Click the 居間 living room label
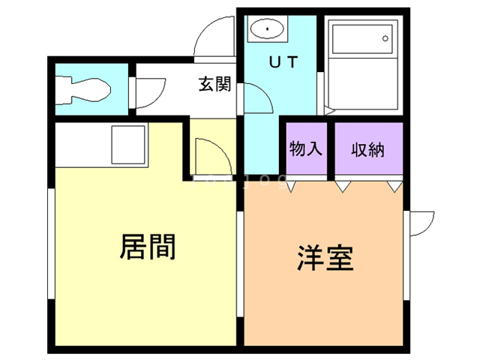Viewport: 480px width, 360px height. pyautogui.click(x=148, y=246)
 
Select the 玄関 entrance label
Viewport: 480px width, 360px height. pyautogui.click(x=214, y=84)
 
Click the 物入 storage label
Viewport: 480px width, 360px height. pyautogui.click(x=305, y=148)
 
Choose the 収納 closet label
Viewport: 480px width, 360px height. pyautogui.click(x=367, y=148)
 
